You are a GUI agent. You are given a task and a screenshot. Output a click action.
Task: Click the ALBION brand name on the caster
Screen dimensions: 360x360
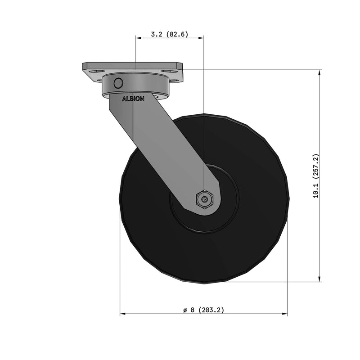click(133, 99)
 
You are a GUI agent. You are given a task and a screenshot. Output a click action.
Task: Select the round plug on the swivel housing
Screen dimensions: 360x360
click(119, 83)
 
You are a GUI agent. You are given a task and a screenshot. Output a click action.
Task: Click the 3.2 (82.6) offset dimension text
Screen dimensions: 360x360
click(169, 34)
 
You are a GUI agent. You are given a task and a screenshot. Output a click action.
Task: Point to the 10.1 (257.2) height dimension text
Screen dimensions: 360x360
click(316, 176)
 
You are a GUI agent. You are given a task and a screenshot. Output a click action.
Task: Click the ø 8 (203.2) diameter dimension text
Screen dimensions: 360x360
click(203, 310)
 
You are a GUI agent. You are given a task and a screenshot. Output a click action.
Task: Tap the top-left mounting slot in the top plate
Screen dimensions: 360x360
click(96, 71)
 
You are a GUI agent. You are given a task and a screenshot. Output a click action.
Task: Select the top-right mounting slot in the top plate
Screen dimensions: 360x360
click(171, 71)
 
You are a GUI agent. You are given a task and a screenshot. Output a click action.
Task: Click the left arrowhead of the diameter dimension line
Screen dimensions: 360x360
click(123, 314)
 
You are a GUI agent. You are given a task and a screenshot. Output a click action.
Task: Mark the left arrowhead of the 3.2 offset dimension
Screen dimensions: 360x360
click(138, 38)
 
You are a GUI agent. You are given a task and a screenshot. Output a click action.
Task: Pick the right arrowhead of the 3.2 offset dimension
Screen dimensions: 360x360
click(201, 38)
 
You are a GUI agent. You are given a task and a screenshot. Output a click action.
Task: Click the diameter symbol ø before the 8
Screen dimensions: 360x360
click(185, 310)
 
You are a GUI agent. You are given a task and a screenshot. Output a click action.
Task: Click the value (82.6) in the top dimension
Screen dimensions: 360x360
click(177, 34)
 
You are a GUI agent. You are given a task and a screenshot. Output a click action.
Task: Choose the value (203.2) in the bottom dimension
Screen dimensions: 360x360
click(211, 310)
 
